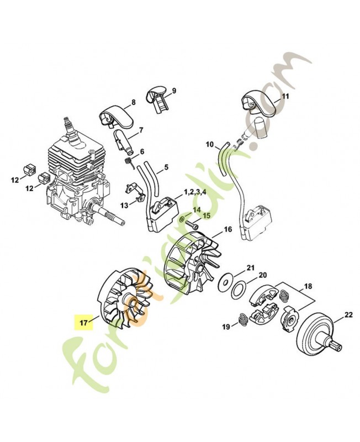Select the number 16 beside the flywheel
pos(227,229)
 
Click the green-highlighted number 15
pos(207,215)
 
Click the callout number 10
pos(210,145)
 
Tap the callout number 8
pos(133,102)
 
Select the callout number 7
pos(141,130)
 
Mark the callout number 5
pos(166,166)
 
